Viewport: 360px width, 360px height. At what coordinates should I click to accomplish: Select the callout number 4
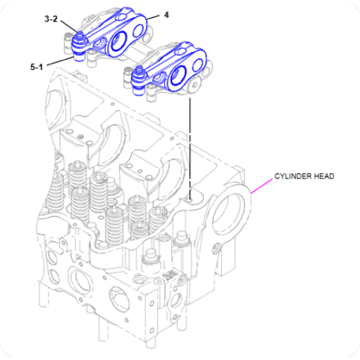click(167, 14)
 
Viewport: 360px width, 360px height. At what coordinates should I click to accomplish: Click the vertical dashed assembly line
click(189, 144)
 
